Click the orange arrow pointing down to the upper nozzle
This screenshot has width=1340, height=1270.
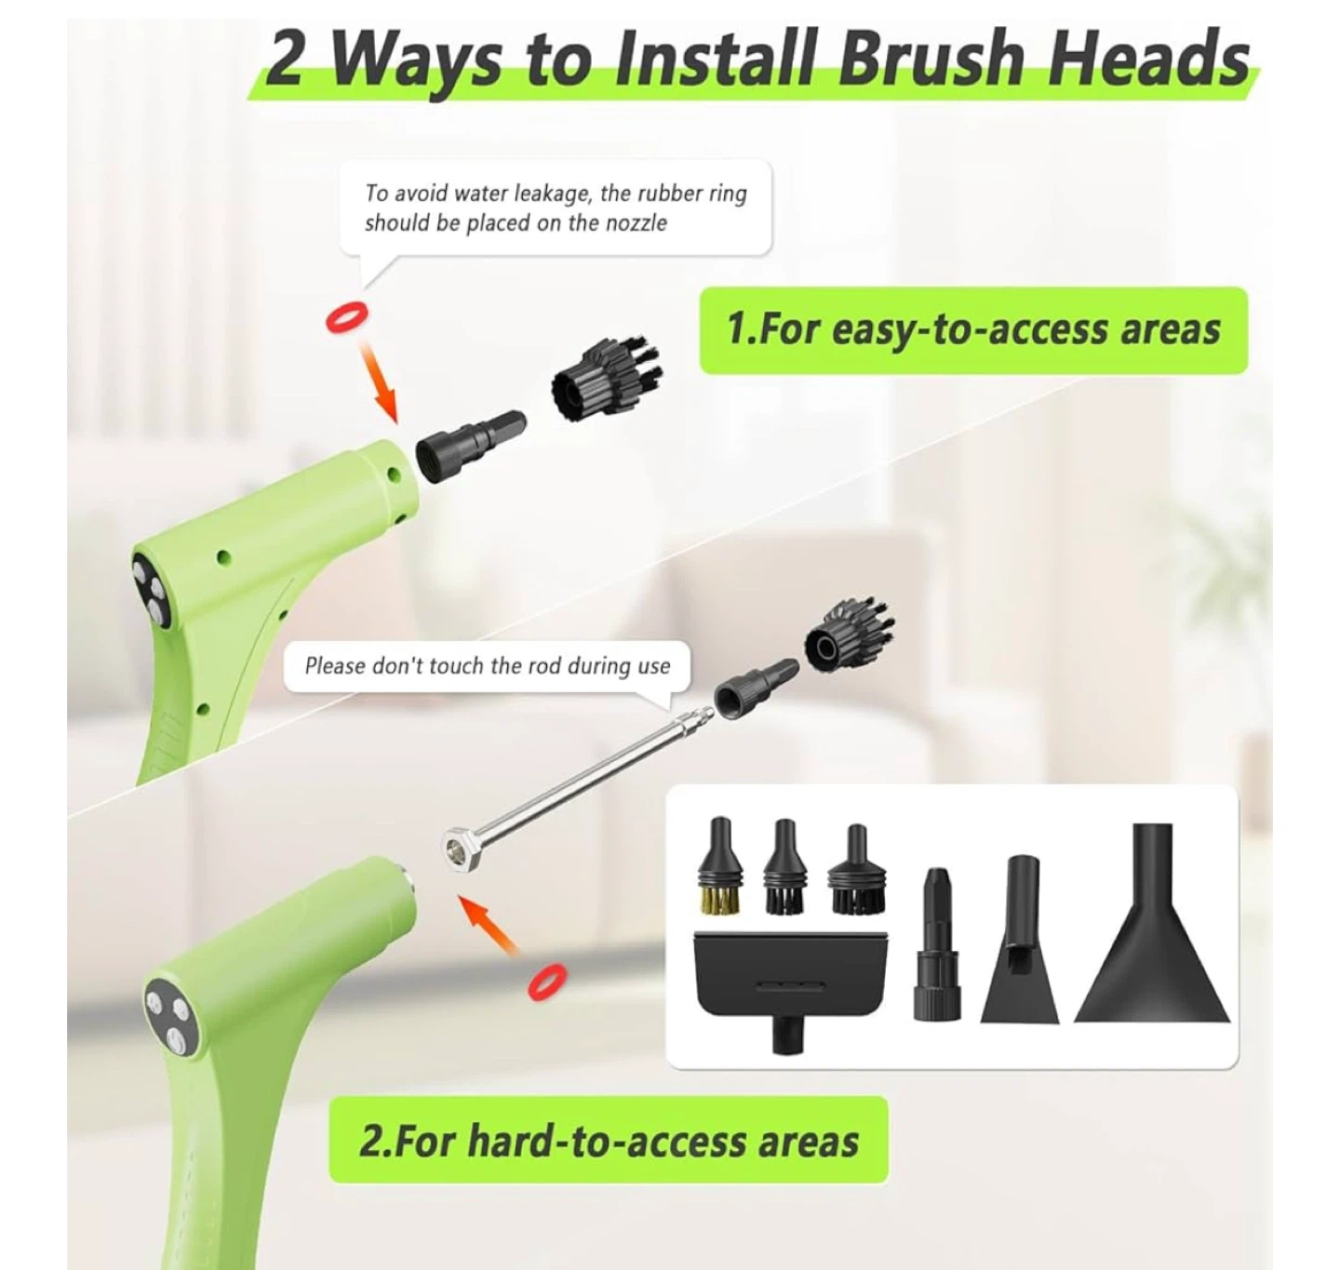(380, 381)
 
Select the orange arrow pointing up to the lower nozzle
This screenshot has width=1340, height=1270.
(488, 925)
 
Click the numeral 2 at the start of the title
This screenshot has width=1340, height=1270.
(284, 60)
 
